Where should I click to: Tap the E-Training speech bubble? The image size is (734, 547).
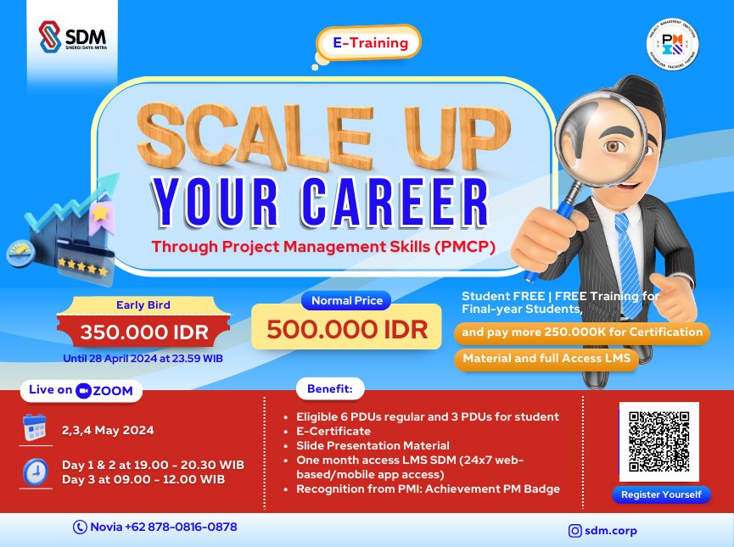pyautogui.click(x=368, y=42)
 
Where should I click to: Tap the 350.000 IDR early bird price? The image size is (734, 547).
pyautogui.click(x=143, y=332)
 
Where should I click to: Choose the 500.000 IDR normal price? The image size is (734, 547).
pyautogui.click(x=346, y=328)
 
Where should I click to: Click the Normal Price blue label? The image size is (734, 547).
pyautogui.click(x=347, y=300)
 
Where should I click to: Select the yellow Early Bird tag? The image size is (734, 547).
pyautogui.click(x=143, y=305)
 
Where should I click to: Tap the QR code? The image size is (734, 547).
pyautogui.click(x=659, y=441)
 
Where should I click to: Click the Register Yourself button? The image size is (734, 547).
pyautogui.click(x=661, y=494)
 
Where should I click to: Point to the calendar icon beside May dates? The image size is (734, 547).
pyautogui.click(x=36, y=429)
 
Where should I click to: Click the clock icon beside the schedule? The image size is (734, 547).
pyautogui.click(x=36, y=471)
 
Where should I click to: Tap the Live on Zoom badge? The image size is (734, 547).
pyautogui.click(x=81, y=390)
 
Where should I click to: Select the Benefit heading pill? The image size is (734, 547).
pyautogui.click(x=330, y=390)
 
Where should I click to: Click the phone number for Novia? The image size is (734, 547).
pyautogui.click(x=156, y=527)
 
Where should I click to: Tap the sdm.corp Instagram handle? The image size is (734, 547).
pyautogui.click(x=603, y=531)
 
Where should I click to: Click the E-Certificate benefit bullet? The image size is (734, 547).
pyautogui.click(x=333, y=431)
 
